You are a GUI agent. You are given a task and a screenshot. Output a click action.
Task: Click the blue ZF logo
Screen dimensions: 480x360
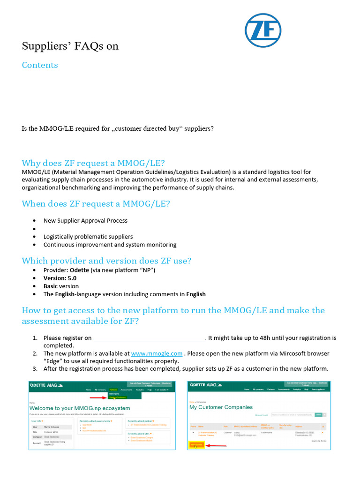click(263, 31)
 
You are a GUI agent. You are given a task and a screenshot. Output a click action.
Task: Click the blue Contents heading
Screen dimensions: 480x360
click(40, 65)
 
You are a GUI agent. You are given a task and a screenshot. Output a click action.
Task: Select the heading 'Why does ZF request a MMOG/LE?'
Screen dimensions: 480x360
click(93, 163)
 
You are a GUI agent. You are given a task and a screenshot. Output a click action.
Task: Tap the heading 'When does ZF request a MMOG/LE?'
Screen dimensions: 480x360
click(96, 203)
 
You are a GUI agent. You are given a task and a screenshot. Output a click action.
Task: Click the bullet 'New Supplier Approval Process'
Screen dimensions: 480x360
click(85, 220)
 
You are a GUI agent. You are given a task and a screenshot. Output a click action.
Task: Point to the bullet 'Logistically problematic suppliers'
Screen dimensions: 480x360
click(88, 237)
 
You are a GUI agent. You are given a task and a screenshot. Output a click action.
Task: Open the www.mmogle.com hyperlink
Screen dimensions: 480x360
click(157, 353)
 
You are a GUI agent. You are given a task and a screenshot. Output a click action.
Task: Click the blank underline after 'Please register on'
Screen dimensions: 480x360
click(149, 338)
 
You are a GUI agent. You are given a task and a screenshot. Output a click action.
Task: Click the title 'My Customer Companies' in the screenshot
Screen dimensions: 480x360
click(221, 407)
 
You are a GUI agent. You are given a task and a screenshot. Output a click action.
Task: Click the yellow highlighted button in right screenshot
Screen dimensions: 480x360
click(196, 445)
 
